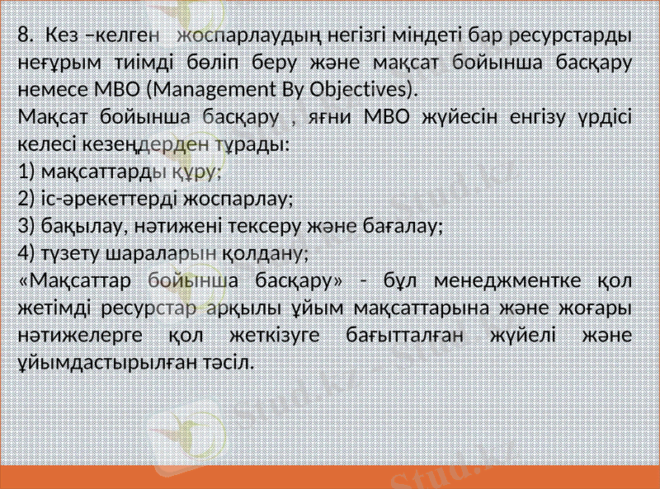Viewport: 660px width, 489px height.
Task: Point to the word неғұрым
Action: coord(53,63)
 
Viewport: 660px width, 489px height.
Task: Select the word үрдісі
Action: coord(601,116)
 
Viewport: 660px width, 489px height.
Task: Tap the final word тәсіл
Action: coord(229,361)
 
